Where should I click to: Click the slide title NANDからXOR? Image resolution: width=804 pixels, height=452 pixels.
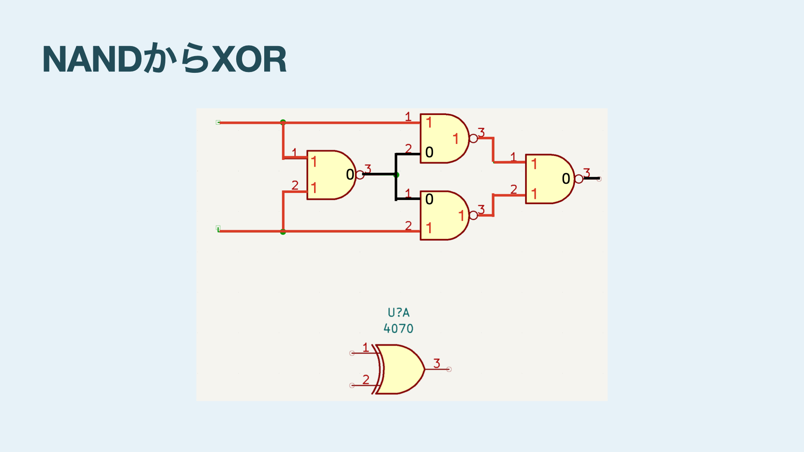[164, 59]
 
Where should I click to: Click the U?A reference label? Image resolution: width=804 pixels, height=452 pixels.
[398, 313]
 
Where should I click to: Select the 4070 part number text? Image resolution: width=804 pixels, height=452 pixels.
[398, 329]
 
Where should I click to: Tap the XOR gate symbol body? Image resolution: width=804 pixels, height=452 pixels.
[400, 369]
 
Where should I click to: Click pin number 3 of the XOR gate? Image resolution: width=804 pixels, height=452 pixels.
[437, 363]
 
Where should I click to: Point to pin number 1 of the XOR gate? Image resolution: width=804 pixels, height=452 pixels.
[366, 347]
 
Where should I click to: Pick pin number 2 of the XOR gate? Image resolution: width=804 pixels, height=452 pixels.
[366, 379]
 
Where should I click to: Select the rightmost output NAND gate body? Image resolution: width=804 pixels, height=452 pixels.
[549, 179]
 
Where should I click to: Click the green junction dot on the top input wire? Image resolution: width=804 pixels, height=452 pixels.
[283, 122]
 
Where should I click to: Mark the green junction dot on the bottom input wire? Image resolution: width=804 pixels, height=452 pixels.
[283, 231]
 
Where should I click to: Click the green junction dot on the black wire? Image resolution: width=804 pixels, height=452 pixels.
[397, 175]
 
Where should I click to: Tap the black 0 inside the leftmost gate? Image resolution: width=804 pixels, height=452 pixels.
[350, 175]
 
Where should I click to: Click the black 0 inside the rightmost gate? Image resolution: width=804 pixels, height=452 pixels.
[566, 179]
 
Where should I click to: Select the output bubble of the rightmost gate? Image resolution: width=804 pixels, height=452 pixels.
[579, 179]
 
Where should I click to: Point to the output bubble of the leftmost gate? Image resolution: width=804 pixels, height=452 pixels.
[360, 175]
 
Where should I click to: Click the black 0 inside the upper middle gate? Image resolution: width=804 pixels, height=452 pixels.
[429, 152]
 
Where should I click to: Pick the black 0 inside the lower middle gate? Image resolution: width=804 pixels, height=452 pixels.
[429, 199]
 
